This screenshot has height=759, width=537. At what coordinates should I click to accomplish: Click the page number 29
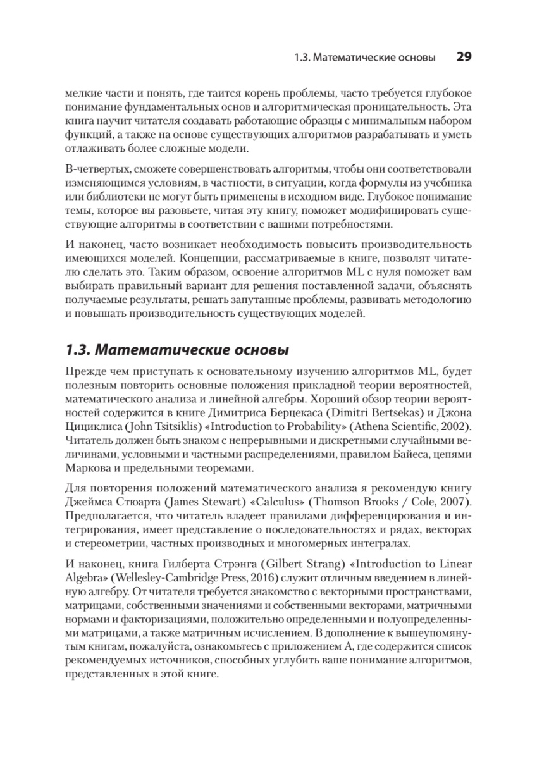(x=464, y=58)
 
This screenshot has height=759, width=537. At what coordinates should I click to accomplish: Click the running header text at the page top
(x=365, y=58)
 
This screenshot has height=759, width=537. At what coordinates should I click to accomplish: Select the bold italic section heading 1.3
(x=178, y=349)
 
